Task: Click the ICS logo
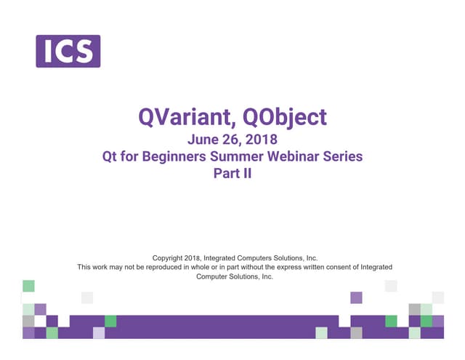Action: pyautogui.click(x=68, y=51)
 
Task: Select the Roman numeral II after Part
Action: pyautogui.click(x=246, y=174)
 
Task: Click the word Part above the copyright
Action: pyautogui.click(x=225, y=174)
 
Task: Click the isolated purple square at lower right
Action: pyautogui.click(x=356, y=297)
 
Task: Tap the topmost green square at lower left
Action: pyautogui.click(x=28, y=286)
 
